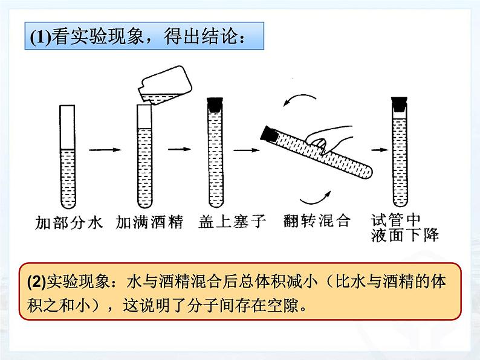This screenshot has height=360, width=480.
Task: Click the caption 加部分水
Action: click(67, 222)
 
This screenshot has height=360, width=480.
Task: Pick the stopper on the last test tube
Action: click(398, 103)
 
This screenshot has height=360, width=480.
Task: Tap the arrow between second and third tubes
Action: click(177, 149)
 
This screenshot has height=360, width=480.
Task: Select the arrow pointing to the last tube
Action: click(376, 149)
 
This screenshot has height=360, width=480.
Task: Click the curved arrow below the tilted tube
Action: click(319, 195)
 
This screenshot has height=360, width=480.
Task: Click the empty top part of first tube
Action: click(67, 127)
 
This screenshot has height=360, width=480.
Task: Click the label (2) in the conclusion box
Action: click(36, 282)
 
